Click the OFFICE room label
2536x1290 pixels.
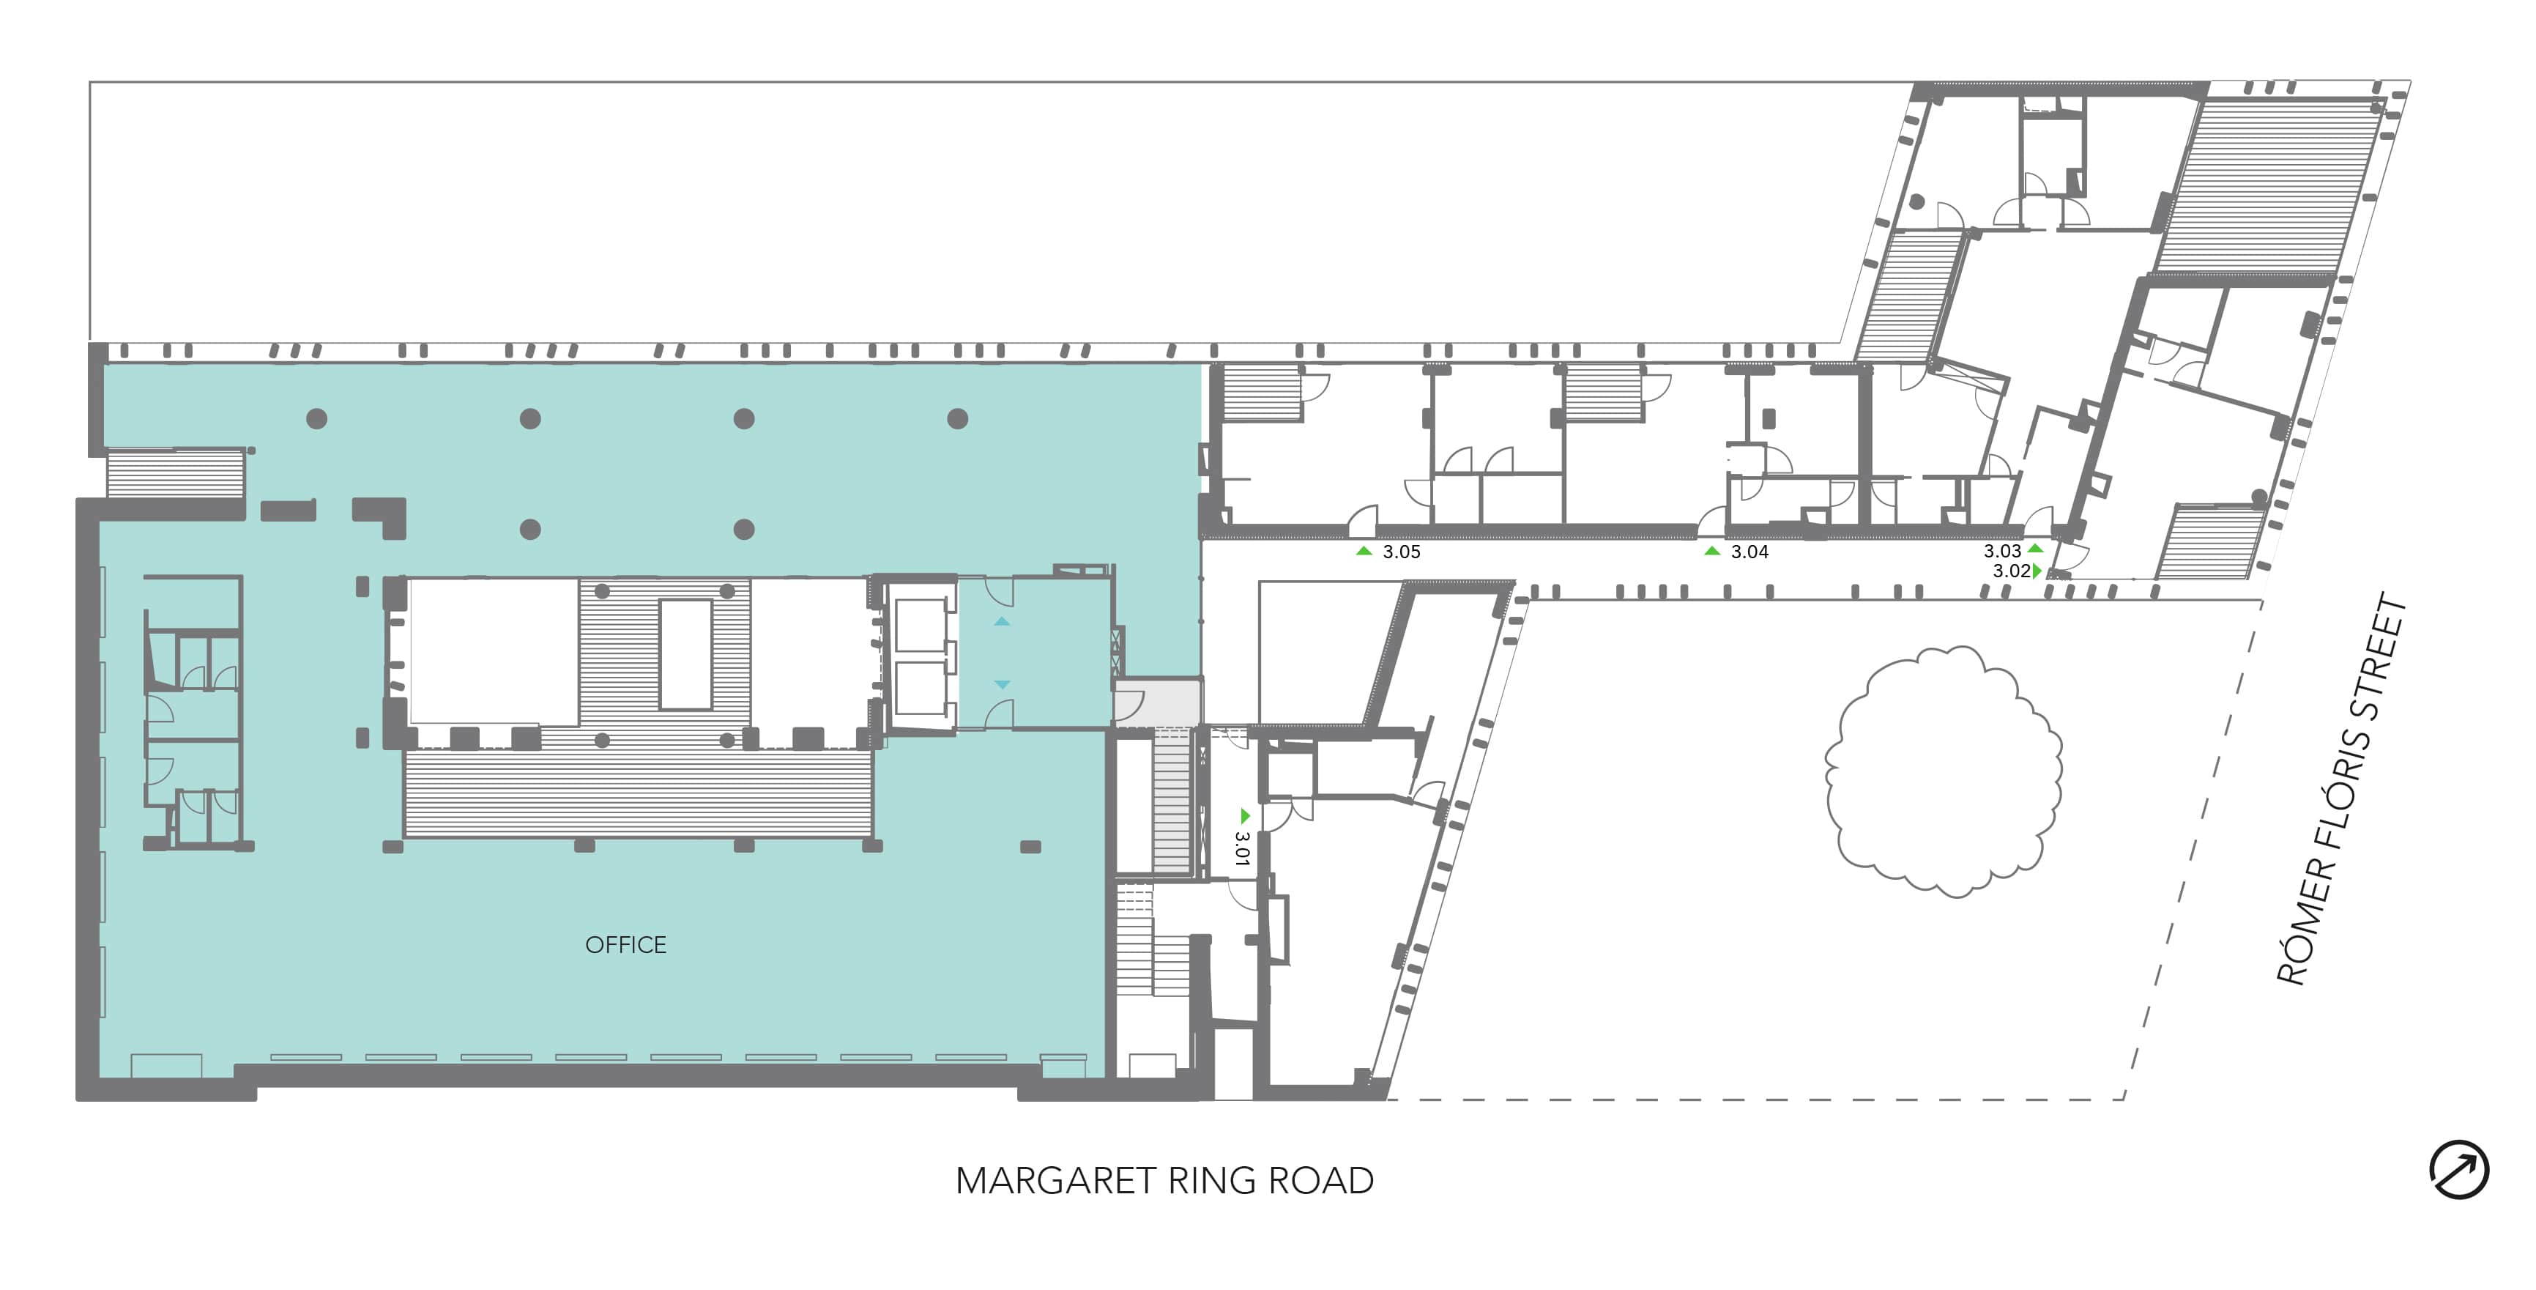(625, 946)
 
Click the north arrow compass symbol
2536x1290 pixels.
(2458, 1171)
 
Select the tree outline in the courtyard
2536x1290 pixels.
(1944, 770)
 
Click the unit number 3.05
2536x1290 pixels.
(1401, 552)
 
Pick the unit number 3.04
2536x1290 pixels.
(1749, 552)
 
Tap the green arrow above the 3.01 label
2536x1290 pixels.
(1244, 815)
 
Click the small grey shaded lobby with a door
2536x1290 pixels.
(1157, 702)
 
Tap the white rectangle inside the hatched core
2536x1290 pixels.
(686, 654)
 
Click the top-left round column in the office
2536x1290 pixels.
(317, 418)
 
